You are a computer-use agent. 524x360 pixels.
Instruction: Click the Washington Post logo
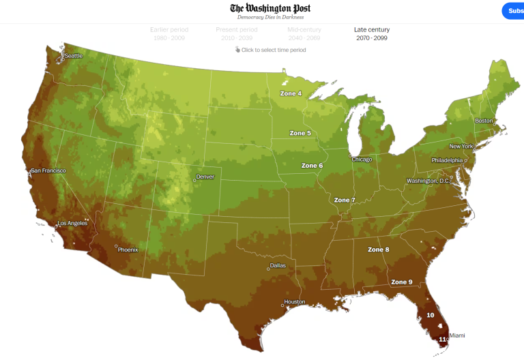tap(270, 8)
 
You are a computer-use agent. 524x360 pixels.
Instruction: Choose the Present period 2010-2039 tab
tap(236, 33)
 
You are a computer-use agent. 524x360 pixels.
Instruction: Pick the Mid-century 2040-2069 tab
tap(304, 33)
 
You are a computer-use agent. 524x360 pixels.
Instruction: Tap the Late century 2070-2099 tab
tap(372, 33)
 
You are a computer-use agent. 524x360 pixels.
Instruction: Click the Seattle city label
tap(73, 56)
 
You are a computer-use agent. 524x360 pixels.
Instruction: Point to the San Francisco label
tap(48, 170)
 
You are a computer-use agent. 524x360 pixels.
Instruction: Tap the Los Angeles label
tap(72, 224)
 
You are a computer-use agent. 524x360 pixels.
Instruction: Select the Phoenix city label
tap(128, 250)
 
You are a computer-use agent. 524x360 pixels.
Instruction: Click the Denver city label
tap(205, 177)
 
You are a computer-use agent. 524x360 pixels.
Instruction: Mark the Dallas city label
tap(278, 265)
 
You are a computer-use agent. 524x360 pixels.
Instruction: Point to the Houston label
tap(295, 301)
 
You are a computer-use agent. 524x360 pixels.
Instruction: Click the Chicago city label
tap(362, 160)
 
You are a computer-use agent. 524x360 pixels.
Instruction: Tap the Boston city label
tap(484, 121)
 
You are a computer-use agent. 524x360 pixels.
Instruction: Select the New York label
tap(461, 147)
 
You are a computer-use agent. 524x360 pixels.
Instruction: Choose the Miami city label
tap(457, 335)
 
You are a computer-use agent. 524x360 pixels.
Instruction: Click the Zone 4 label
tap(291, 93)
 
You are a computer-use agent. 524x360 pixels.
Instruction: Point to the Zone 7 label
tap(345, 200)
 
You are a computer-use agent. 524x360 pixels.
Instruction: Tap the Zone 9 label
tap(401, 282)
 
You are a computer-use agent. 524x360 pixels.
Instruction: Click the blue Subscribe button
tap(513, 11)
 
